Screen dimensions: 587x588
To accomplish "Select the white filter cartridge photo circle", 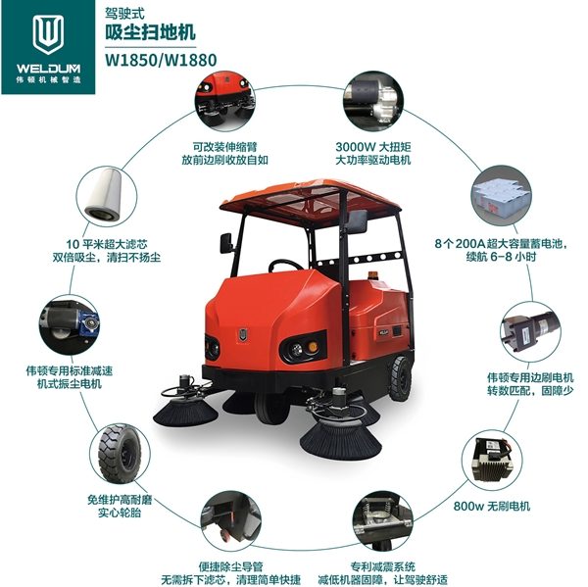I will pos(109,196).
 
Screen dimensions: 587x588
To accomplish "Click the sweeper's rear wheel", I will pos(400,374).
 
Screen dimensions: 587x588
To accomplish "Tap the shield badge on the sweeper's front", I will pos(239,332).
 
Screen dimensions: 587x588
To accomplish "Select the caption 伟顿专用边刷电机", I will pos(529,376).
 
